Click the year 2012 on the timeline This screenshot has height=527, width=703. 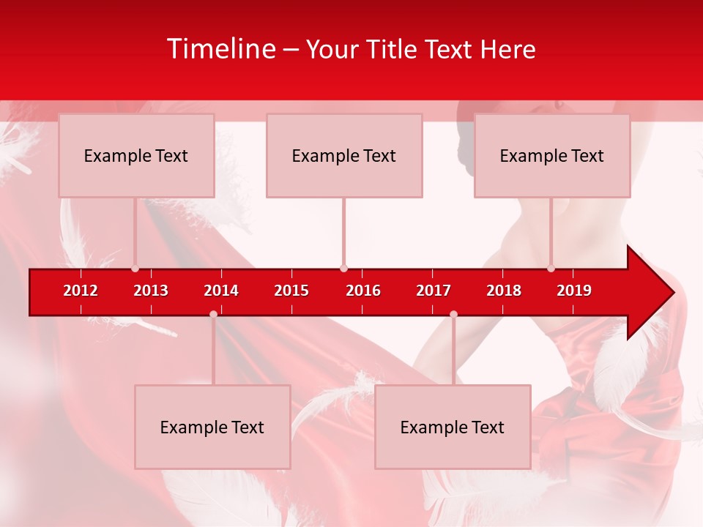click(x=81, y=291)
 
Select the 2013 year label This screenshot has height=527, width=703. click(x=151, y=291)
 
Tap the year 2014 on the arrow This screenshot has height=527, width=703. click(x=221, y=291)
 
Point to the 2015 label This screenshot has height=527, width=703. click(x=291, y=291)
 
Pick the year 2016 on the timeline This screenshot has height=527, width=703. click(x=363, y=291)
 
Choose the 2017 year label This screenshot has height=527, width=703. click(x=434, y=291)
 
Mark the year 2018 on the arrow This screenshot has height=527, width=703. click(x=504, y=291)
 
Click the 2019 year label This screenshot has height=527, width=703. click(x=574, y=291)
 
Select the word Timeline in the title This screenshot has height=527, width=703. click(x=222, y=49)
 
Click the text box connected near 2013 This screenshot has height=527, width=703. click(x=136, y=155)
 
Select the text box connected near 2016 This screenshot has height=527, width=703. click(x=344, y=155)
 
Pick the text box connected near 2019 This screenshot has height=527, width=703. click(x=552, y=155)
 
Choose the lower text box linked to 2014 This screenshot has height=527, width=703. click(x=212, y=427)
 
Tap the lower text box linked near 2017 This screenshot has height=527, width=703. click(x=453, y=427)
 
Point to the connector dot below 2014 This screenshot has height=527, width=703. click(x=213, y=314)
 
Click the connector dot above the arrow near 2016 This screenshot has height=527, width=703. click(x=343, y=268)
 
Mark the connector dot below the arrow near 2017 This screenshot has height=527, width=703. click(x=453, y=314)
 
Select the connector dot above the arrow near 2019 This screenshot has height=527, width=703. click(x=551, y=268)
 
